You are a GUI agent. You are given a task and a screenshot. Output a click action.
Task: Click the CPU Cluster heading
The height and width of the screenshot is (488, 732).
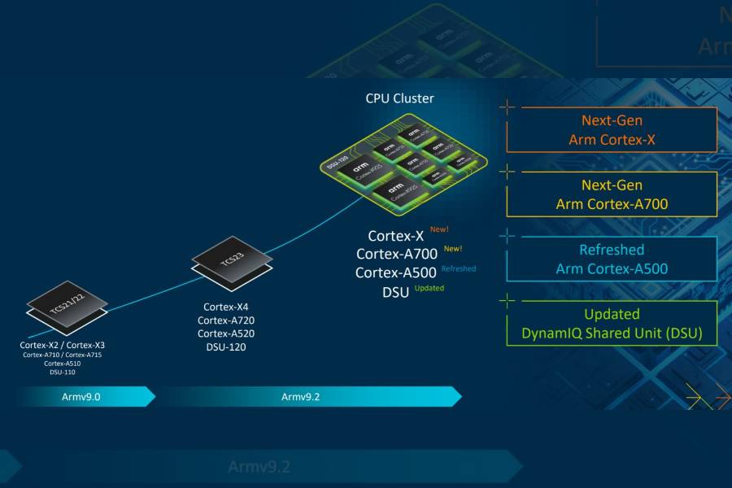click(399, 98)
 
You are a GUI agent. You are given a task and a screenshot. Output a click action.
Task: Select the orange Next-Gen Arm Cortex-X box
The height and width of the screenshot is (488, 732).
click(612, 130)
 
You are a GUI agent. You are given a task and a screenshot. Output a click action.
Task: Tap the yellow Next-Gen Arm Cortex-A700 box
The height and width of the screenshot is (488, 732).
click(612, 194)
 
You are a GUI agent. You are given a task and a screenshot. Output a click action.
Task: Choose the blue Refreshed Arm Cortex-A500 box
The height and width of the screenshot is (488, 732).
click(612, 259)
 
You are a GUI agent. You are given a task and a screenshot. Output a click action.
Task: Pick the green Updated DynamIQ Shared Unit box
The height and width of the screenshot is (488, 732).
click(612, 324)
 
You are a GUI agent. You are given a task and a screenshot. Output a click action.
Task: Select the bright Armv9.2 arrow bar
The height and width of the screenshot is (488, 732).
click(305, 397)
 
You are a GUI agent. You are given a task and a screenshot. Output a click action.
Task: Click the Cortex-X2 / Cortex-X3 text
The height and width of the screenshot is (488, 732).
click(62, 345)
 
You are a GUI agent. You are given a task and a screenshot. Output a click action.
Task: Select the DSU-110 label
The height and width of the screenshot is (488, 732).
click(62, 373)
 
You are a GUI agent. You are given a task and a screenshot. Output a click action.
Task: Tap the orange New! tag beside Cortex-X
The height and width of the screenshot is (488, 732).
click(439, 230)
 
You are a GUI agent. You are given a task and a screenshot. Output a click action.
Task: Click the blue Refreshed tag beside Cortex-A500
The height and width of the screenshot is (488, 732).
click(459, 268)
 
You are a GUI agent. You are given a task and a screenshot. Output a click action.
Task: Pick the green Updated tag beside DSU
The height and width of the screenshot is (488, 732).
click(429, 288)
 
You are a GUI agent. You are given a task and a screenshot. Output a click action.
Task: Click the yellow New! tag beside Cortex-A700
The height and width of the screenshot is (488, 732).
click(453, 249)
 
